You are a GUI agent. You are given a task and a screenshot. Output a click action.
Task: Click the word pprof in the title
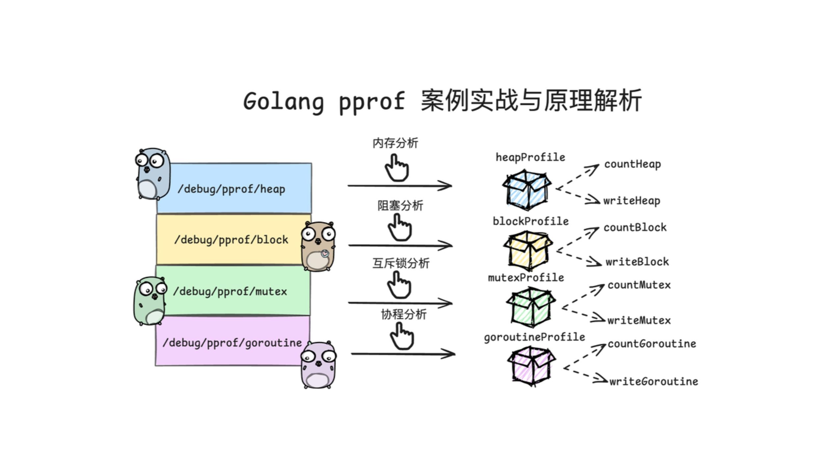pyautogui.click(x=372, y=102)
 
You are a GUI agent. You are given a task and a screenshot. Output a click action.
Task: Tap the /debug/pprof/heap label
pyautogui.click(x=231, y=189)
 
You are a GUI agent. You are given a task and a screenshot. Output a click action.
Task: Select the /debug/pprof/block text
pyautogui.click(x=231, y=240)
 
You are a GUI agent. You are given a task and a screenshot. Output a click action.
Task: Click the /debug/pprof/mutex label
pyautogui.click(x=230, y=291)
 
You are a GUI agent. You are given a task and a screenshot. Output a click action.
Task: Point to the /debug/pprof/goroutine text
pyautogui.click(x=232, y=343)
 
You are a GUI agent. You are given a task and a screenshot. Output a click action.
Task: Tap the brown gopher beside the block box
pyautogui.click(x=318, y=246)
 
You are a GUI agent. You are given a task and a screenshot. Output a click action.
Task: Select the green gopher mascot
pyautogui.click(x=150, y=301)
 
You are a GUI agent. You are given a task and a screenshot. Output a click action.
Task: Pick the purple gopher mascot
pyautogui.click(x=318, y=365)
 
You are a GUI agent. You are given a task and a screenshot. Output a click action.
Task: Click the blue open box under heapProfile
pyautogui.click(x=527, y=190)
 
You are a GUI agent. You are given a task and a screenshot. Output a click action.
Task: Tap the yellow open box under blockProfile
pyautogui.click(x=528, y=251)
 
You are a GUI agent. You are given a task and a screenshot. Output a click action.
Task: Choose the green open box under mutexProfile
pyautogui.click(x=531, y=307)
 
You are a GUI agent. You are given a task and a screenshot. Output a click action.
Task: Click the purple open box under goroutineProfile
pyautogui.click(x=531, y=365)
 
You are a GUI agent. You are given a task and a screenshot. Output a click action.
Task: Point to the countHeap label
pyautogui.click(x=632, y=164)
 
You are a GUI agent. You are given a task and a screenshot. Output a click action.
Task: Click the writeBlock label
pyautogui.click(x=637, y=262)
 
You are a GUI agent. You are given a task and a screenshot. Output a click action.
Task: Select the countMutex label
pyautogui.click(x=639, y=285)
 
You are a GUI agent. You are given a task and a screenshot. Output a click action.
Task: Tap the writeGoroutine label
pyautogui.click(x=653, y=382)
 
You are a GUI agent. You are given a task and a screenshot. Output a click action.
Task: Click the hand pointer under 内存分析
pyautogui.click(x=397, y=168)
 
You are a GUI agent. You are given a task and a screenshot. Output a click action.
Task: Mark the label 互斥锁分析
pyautogui.click(x=401, y=263)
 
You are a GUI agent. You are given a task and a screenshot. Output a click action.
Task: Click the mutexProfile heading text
pyautogui.click(x=526, y=278)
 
